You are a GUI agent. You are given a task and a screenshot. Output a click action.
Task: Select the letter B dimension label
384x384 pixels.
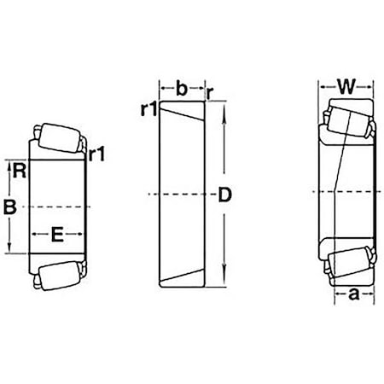click(x=10, y=207)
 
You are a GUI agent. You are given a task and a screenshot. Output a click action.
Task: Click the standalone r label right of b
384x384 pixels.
click(x=210, y=88)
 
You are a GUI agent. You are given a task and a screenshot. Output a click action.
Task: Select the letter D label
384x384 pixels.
click(x=225, y=195)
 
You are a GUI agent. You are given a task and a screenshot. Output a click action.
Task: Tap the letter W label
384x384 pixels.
click(x=346, y=86)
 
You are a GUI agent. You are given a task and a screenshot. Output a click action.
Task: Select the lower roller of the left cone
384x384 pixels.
click(x=59, y=274)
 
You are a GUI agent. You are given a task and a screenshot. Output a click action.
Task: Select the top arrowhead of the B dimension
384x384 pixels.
click(x=10, y=164)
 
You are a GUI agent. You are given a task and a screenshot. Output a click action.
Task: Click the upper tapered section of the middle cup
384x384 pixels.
click(x=183, y=116)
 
